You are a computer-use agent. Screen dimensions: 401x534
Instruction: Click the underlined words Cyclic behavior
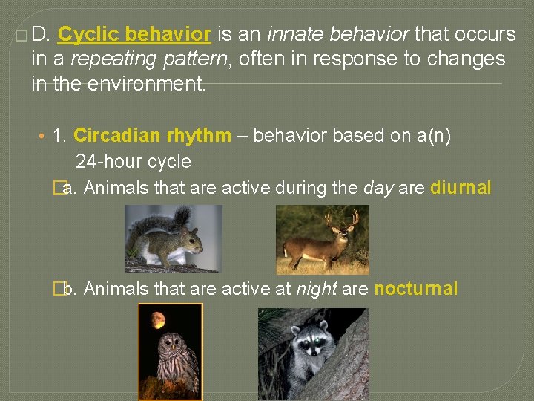click(x=134, y=34)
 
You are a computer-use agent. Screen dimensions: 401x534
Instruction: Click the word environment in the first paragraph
click(x=145, y=84)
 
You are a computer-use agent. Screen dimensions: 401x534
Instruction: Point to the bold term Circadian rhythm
click(x=152, y=136)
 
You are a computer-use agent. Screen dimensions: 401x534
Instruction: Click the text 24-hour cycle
click(x=133, y=162)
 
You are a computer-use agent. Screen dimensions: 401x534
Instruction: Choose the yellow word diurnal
click(x=460, y=188)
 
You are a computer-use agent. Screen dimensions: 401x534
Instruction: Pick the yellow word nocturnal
click(x=416, y=289)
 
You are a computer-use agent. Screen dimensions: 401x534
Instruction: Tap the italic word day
click(x=378, y=188)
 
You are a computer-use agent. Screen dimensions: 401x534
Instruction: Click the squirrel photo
click(x=173, y=238)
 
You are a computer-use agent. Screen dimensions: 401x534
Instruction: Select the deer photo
click(x=322, y=239)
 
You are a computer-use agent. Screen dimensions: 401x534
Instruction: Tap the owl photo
click(x=171, y=352)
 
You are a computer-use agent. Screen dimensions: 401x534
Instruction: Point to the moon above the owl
click(x=158, y=320)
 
